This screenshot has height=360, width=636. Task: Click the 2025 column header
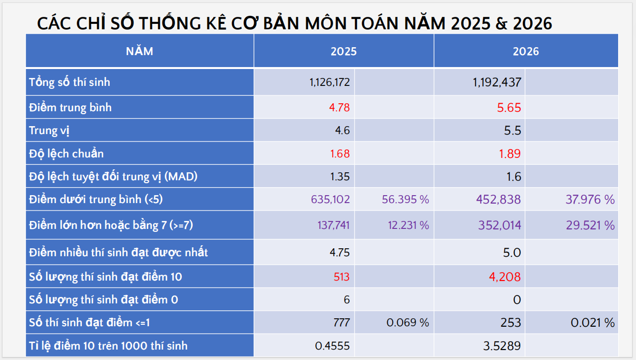[344, 51]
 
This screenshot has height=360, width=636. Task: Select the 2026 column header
[526, 51]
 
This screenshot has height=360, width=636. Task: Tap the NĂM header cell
[140, 51]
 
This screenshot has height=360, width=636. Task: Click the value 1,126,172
[329, 82]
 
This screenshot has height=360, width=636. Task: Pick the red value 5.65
[509, 108]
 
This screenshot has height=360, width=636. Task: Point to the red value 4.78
[339, 108]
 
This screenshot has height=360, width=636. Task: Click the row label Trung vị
[49, 131]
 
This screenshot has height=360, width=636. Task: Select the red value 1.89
[510, 153]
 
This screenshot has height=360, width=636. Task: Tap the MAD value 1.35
[340, 177]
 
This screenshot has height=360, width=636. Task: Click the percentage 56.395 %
[405, 199]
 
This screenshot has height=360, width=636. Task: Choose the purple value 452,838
[498, 199]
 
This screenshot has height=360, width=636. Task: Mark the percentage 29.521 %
[590, 225]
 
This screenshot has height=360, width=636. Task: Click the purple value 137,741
[333, 225]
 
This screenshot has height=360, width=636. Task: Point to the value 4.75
[340, 252]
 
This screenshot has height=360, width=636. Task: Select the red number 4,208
[505, 277]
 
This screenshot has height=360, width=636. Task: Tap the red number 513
[342, 277]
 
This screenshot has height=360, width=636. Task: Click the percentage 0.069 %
[408, 323]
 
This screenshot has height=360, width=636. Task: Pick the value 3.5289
[502, 346]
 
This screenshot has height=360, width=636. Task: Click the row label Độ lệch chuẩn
[66, 153]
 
